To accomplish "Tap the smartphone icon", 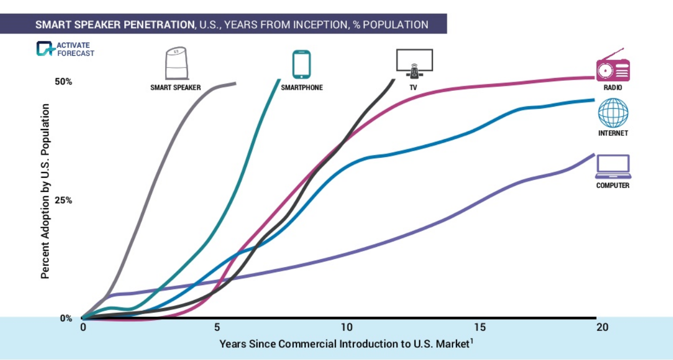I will point(301,64).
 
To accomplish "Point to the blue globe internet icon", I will point(613,113).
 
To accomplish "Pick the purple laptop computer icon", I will point(612,167).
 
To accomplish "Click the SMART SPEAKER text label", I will point(176,88).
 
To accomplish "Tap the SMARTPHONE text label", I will point(301,88).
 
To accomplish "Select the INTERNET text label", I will point(613,133).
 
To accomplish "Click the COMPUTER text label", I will point(612,186).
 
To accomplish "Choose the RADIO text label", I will point(612,88).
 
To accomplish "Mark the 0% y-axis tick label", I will point(66,319).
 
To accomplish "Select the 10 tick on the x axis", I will point(346,327).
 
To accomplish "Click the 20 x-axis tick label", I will point(602,327).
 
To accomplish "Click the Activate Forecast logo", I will point(65,49).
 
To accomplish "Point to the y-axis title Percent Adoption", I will point(46,191).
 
